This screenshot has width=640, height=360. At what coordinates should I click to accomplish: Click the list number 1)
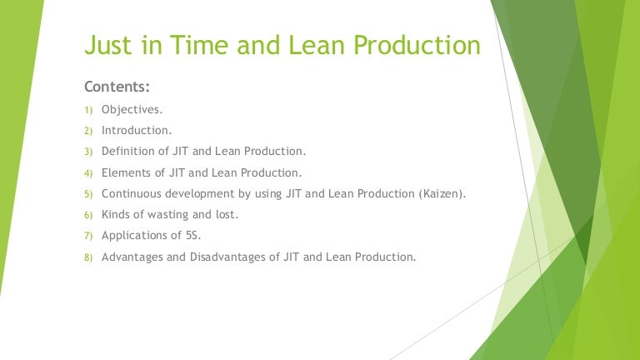(89, 109)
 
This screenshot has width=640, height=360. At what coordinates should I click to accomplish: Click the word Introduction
(137, 130)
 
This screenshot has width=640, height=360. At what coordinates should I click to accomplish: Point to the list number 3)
(89, 152)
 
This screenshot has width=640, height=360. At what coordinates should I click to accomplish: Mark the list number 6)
(89, 215)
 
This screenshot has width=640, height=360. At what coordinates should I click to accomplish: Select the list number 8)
(89, 257)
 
